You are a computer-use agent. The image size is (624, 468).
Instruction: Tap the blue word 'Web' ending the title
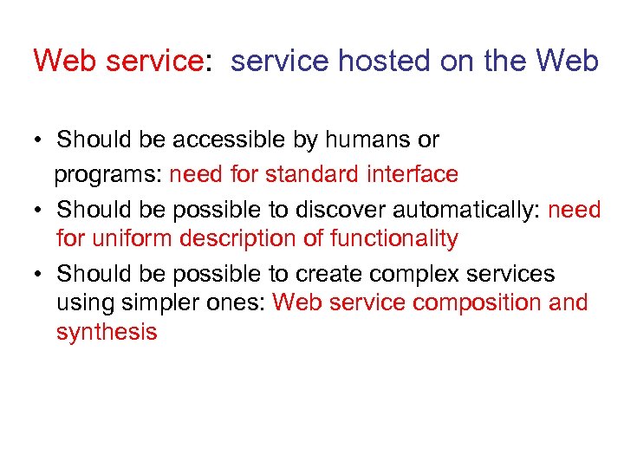[x=567, y=62]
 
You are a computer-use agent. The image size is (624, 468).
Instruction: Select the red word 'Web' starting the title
[x=63, y=62]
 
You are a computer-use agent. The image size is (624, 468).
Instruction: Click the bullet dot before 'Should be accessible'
[x=40, y=140]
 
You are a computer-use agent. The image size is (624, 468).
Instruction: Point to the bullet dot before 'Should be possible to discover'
[x=40, y=211]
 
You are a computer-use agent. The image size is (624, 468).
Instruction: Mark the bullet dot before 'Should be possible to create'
[x=40, y=275]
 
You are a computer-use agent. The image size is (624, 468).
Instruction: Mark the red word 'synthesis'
[x=107, y=332]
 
